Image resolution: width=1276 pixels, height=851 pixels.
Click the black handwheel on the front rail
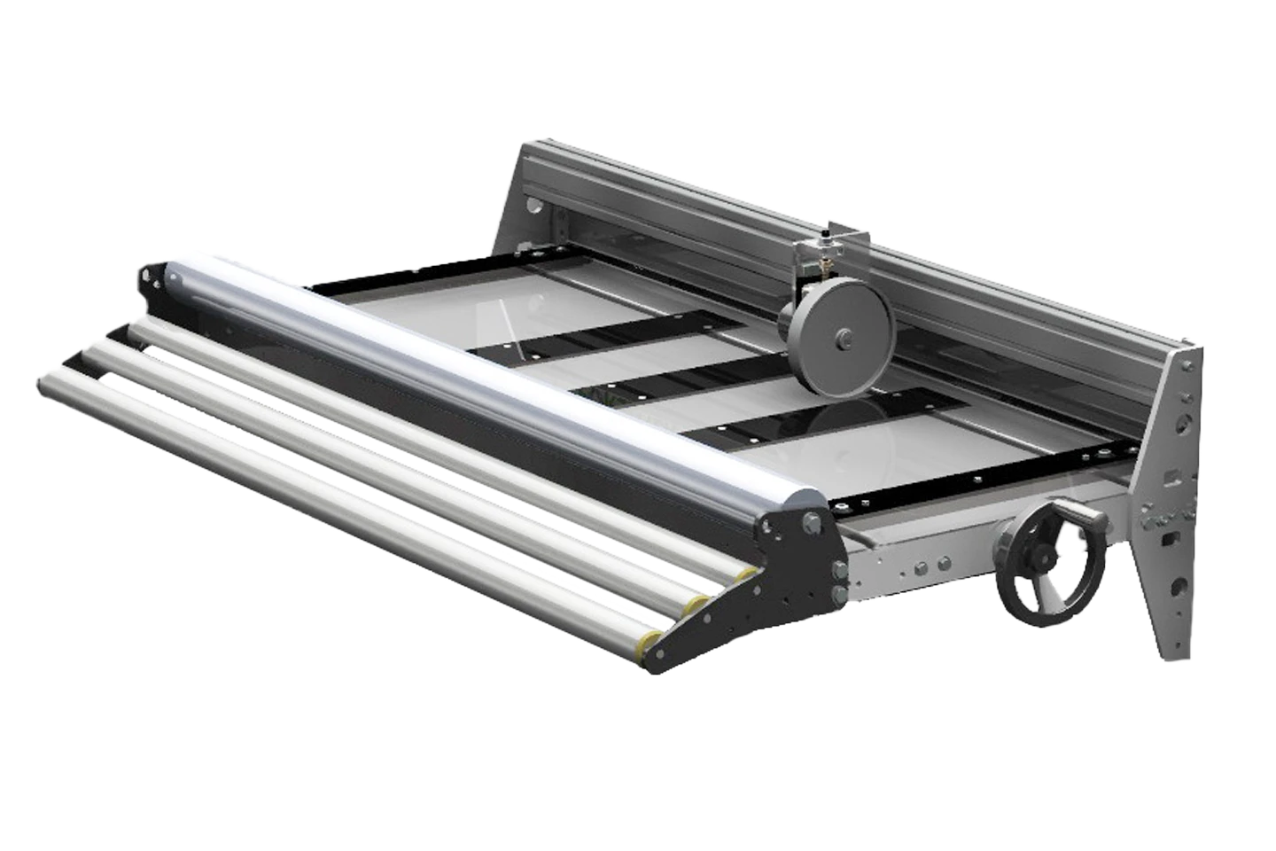(x=1048, y=573)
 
